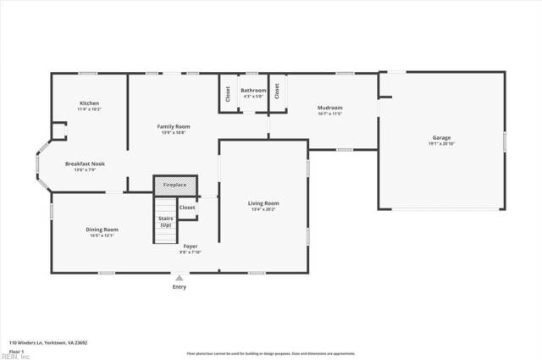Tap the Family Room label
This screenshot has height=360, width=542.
coord(172,126)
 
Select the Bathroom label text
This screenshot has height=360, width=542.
coord(253,90)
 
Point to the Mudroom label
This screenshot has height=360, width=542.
coord(329,108)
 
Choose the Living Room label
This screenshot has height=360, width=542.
coord(263,202)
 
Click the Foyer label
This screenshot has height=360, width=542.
coord(191,246)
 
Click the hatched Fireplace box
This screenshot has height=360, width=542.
coord(174,185)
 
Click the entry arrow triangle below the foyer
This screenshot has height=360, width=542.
coord(179,277)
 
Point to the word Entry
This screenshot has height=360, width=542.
coord(179,287)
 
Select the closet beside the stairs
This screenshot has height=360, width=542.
coord(187,208)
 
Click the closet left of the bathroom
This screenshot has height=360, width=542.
coord(227,95)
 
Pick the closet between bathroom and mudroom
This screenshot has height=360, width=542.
coord(276,95)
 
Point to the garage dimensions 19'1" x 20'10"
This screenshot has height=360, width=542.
coord(441,143)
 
